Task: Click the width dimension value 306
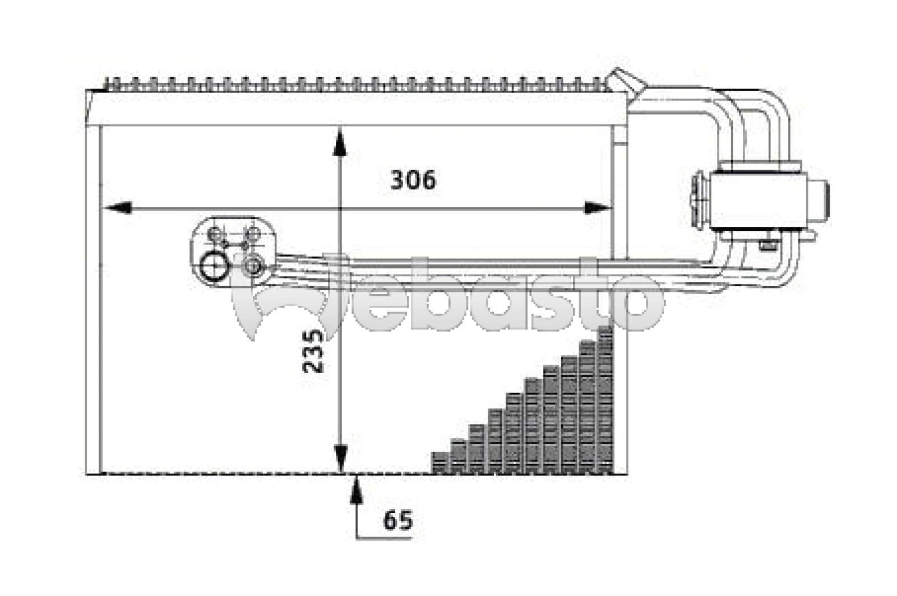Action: coord(413,180)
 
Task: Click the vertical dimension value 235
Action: coord(313,351)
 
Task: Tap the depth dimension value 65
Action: coord(397,520)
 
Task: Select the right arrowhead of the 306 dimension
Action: coord(598,208)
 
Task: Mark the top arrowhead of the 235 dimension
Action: coord(340,141)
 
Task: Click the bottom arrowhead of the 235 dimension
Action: coord(340,459)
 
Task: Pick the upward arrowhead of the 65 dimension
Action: coord(357,491)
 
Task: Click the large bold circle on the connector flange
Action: coord(214,265)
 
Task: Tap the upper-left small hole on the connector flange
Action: coord(215,233)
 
